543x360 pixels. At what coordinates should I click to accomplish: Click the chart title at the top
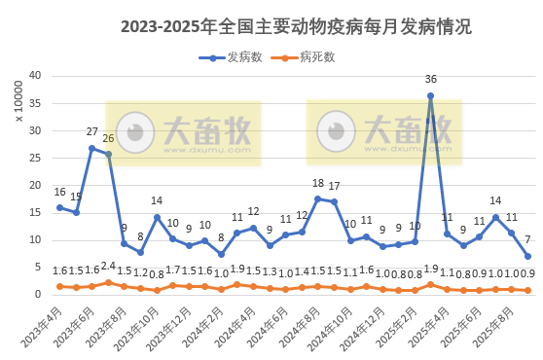[296, 26]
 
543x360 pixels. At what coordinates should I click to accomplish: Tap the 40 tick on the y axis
[33, 76]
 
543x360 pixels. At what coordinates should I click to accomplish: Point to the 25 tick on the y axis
[33, 158]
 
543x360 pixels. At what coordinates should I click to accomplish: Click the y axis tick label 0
[36, 294]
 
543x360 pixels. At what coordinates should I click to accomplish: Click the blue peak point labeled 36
[430, 96]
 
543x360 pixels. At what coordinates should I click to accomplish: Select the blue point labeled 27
[91, 148]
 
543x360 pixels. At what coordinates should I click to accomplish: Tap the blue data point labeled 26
[108, 154]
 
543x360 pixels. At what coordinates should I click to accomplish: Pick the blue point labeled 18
[317, 198]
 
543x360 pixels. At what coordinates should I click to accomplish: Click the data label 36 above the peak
[430, 80]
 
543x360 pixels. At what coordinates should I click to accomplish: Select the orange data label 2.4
[108, 266]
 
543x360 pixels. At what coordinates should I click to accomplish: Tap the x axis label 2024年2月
[206, 326]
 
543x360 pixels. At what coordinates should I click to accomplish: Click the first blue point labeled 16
[59, 207]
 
